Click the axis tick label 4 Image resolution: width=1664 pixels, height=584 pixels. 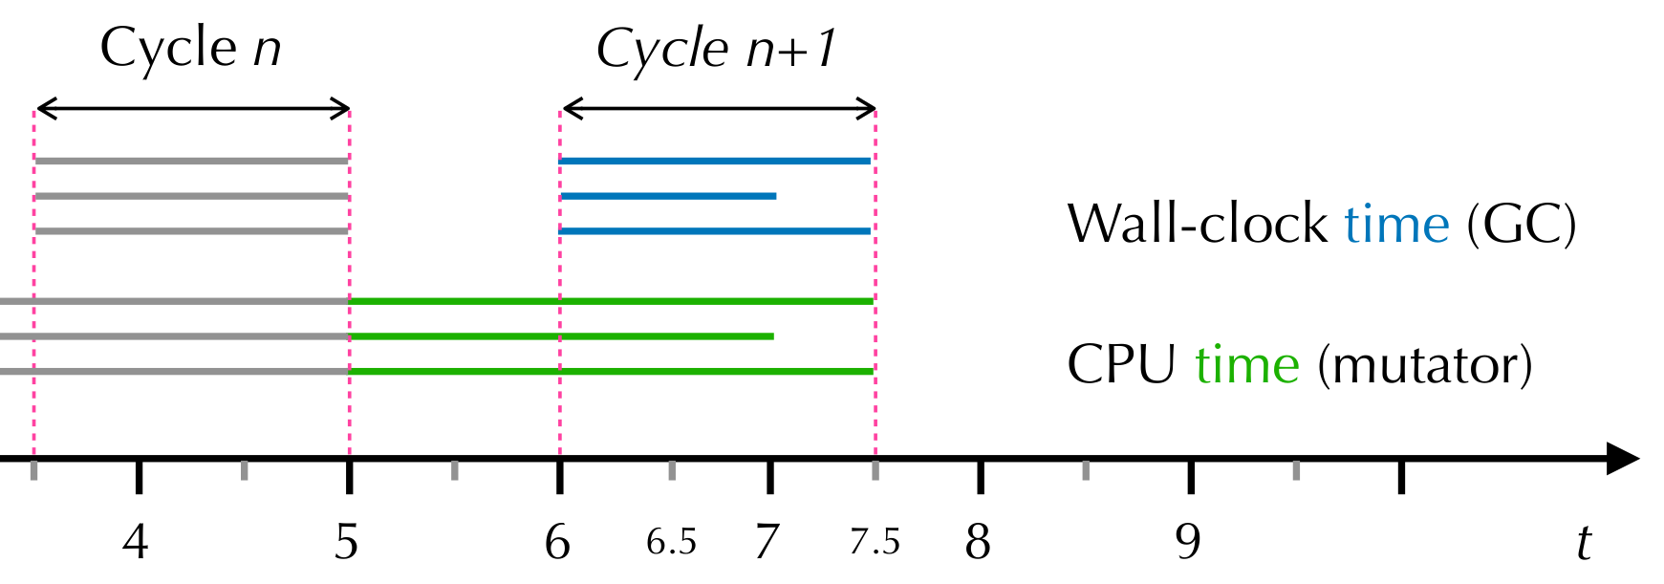[136, 543]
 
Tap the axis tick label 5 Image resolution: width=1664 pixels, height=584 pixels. [346, 543]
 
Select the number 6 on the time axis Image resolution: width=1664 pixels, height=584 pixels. [557, 543]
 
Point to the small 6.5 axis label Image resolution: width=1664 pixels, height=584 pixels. [671, 543]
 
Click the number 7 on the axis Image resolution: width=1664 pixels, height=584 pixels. [766, 543]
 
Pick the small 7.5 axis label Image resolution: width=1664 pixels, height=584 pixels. [875, 543]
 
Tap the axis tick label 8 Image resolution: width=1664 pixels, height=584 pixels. [977, 543]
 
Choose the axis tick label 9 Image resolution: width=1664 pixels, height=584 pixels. [1188, 543]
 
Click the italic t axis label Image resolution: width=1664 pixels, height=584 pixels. [1584, 543]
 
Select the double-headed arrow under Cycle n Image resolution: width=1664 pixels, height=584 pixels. [192, 109]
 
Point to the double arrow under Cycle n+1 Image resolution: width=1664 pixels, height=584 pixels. [718, 109]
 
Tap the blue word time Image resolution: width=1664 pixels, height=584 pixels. [1396, 225]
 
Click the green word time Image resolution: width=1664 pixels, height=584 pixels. [1246, 365]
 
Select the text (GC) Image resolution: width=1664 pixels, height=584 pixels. [1522, 225]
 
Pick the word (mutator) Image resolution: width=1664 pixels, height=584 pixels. [1424, 365]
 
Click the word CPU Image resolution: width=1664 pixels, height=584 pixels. [1121, 365]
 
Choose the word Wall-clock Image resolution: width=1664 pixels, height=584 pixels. [1197, 225]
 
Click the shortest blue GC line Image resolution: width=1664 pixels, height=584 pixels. [668, 196]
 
